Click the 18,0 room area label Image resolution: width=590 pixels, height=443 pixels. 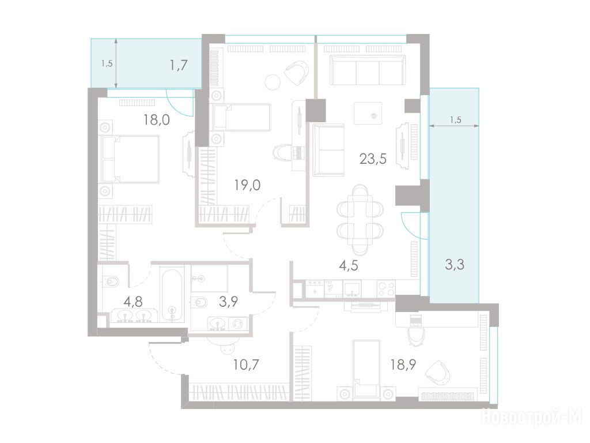(x=157, y=120)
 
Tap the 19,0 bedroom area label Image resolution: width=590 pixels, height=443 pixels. (x=247, y=185)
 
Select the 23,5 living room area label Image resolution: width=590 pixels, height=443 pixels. (x=373, y=159)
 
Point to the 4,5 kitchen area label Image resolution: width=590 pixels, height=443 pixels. (x=349, y=265)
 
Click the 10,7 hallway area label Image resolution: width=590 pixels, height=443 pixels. (x=245, y=365)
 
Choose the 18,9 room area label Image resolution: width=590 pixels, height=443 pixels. (x=403, y=365)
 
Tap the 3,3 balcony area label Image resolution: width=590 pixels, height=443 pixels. (x=455, y=264)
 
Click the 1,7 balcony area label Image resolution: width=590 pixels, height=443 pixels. (x=179, y=66)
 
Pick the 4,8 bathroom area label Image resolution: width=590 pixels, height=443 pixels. (x=133, y=301)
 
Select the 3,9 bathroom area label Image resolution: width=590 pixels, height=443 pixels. (x=228, y=301)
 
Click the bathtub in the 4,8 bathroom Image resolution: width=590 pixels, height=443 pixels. (x=172, y=294)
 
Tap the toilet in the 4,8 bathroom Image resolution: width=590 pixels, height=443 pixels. (x=110, y=281)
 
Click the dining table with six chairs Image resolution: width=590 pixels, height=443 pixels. (x=360, y=220)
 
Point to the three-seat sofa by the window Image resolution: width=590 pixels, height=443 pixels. (x=368, y=70)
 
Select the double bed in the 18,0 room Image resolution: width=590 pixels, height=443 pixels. (x=129, y=159)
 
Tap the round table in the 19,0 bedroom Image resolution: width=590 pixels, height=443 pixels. (x=273, y=82)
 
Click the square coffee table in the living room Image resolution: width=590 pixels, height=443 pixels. (x=368, y=113)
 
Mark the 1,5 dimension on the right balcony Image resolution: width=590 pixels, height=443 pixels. (x=455, y=120)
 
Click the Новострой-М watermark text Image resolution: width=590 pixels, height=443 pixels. (x=532, y=417)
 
